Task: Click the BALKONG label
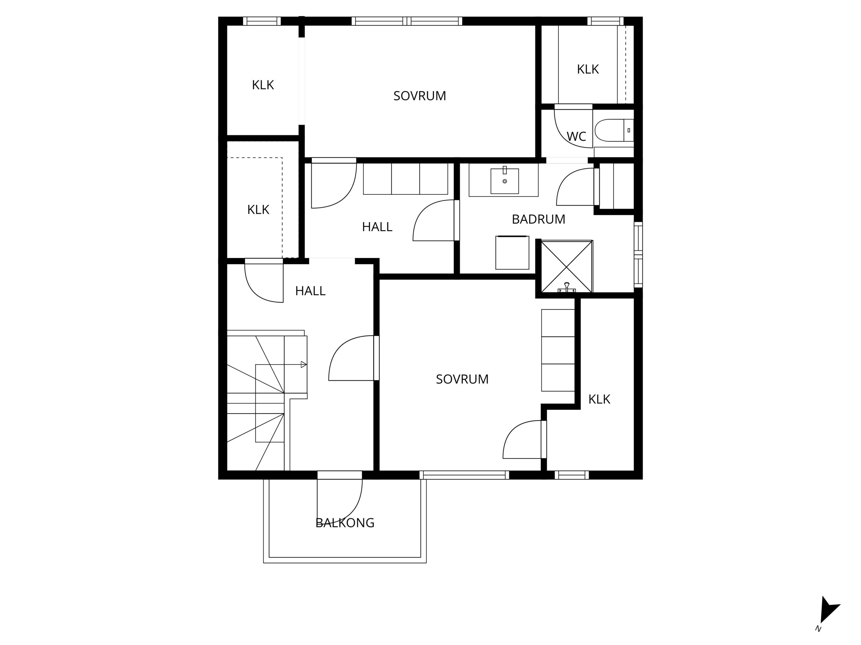coord(345,523)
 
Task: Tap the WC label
coord(576,136)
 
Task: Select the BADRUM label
coord(538,219)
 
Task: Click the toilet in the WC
coord(614,130)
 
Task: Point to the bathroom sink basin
coord(504,181)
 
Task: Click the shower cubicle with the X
coord(567,266)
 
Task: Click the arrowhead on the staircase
coord(303,365)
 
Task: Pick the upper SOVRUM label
coord(420,96)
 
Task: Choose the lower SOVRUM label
coord(462,379)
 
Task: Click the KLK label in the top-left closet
coord(263,85)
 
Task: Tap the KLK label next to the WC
coord(588,69)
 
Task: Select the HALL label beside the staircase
coord(310,291)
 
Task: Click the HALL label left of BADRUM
coord(377,227)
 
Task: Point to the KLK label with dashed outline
coord(258,210)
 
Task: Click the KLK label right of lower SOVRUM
coord(599,399)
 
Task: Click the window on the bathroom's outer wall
coord(638,255)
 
